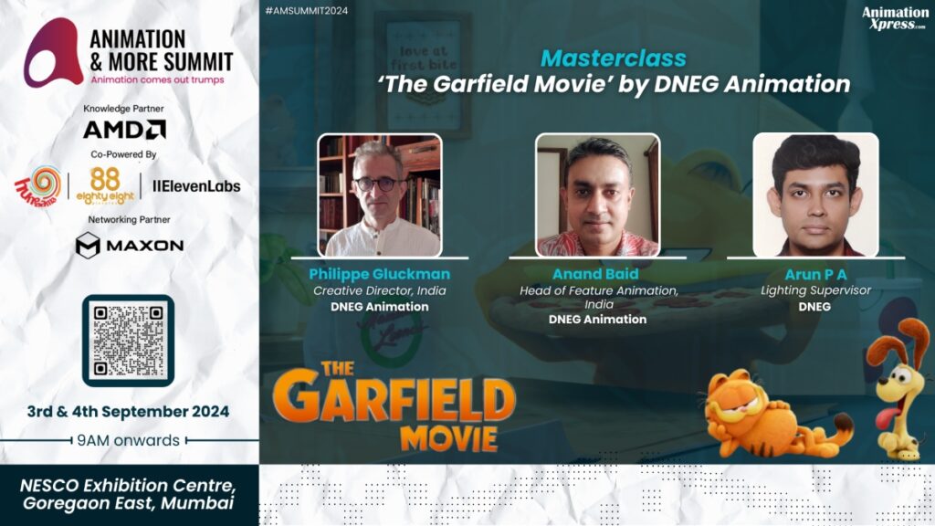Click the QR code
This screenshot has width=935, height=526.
pyautogui.click(x=128, y=341)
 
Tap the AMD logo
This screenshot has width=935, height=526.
pyautogui.click(x=124, y=130)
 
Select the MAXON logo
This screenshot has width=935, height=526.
pyautogui.click(x=130, y=245)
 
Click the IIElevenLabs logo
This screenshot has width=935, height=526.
pyautogui.click(x=196, y=186)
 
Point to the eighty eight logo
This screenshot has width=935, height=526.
pyautogui.click(x=105, y=186)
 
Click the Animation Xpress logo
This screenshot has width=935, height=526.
pyautogui.click(x=895, y=18)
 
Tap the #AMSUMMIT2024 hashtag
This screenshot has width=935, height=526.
pyautogui.click(x=307, y=11)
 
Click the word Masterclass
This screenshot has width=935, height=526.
pyautogui.click(x=614, y=58)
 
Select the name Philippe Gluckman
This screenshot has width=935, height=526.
pyautogui.click(x=379, y=274)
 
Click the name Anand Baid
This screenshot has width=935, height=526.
pyautogui.click(x=595, y=274)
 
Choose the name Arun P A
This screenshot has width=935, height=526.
pyautogui.click(x=815, y=274)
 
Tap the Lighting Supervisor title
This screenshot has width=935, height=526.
pyautogui.click(x=815, y=290)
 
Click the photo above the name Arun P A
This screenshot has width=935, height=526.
pyautogui.click(x=815, y=195)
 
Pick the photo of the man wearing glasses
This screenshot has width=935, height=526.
pyautogui.click(x=380, y=195)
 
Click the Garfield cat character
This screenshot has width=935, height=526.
pyautogui.click(x=775, y=419)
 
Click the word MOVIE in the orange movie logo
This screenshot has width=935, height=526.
pyautogui.click(x=449, y=438)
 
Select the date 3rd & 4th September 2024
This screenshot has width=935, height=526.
pyautogui.click(x=128, y=412)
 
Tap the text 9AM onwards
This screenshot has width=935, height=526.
pyautogui.click(x=128, y=440)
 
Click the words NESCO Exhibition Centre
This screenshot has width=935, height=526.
pyautogui.click(x=128, y=485)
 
